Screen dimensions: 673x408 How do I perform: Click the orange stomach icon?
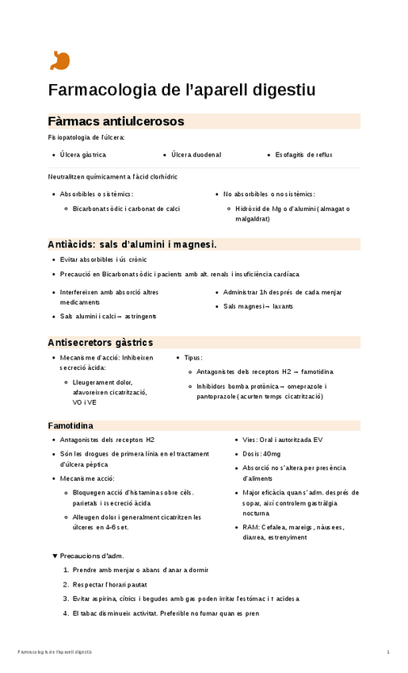[59, 61]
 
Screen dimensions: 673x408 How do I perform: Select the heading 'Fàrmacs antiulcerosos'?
[116, 121]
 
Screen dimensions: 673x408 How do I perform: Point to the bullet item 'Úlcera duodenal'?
[196, 155]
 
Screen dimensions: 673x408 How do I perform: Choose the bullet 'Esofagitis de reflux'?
[303, 155]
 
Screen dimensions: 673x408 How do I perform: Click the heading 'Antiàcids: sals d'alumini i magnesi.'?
[132, 244]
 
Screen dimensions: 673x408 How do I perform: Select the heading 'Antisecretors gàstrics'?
[101, 343]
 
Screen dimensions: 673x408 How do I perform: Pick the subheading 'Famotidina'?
[72, 426]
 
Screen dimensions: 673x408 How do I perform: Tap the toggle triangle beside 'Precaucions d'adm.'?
[55, 556]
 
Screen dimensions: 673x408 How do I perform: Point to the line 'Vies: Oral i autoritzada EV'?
[283, 440]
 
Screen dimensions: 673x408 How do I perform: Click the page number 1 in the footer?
[388, 652]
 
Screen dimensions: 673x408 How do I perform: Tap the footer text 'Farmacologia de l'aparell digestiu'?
[55, 652]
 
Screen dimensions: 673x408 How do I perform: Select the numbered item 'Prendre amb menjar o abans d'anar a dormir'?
[140, 570]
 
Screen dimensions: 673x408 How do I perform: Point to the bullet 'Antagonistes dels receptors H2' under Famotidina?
[107, 440]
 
